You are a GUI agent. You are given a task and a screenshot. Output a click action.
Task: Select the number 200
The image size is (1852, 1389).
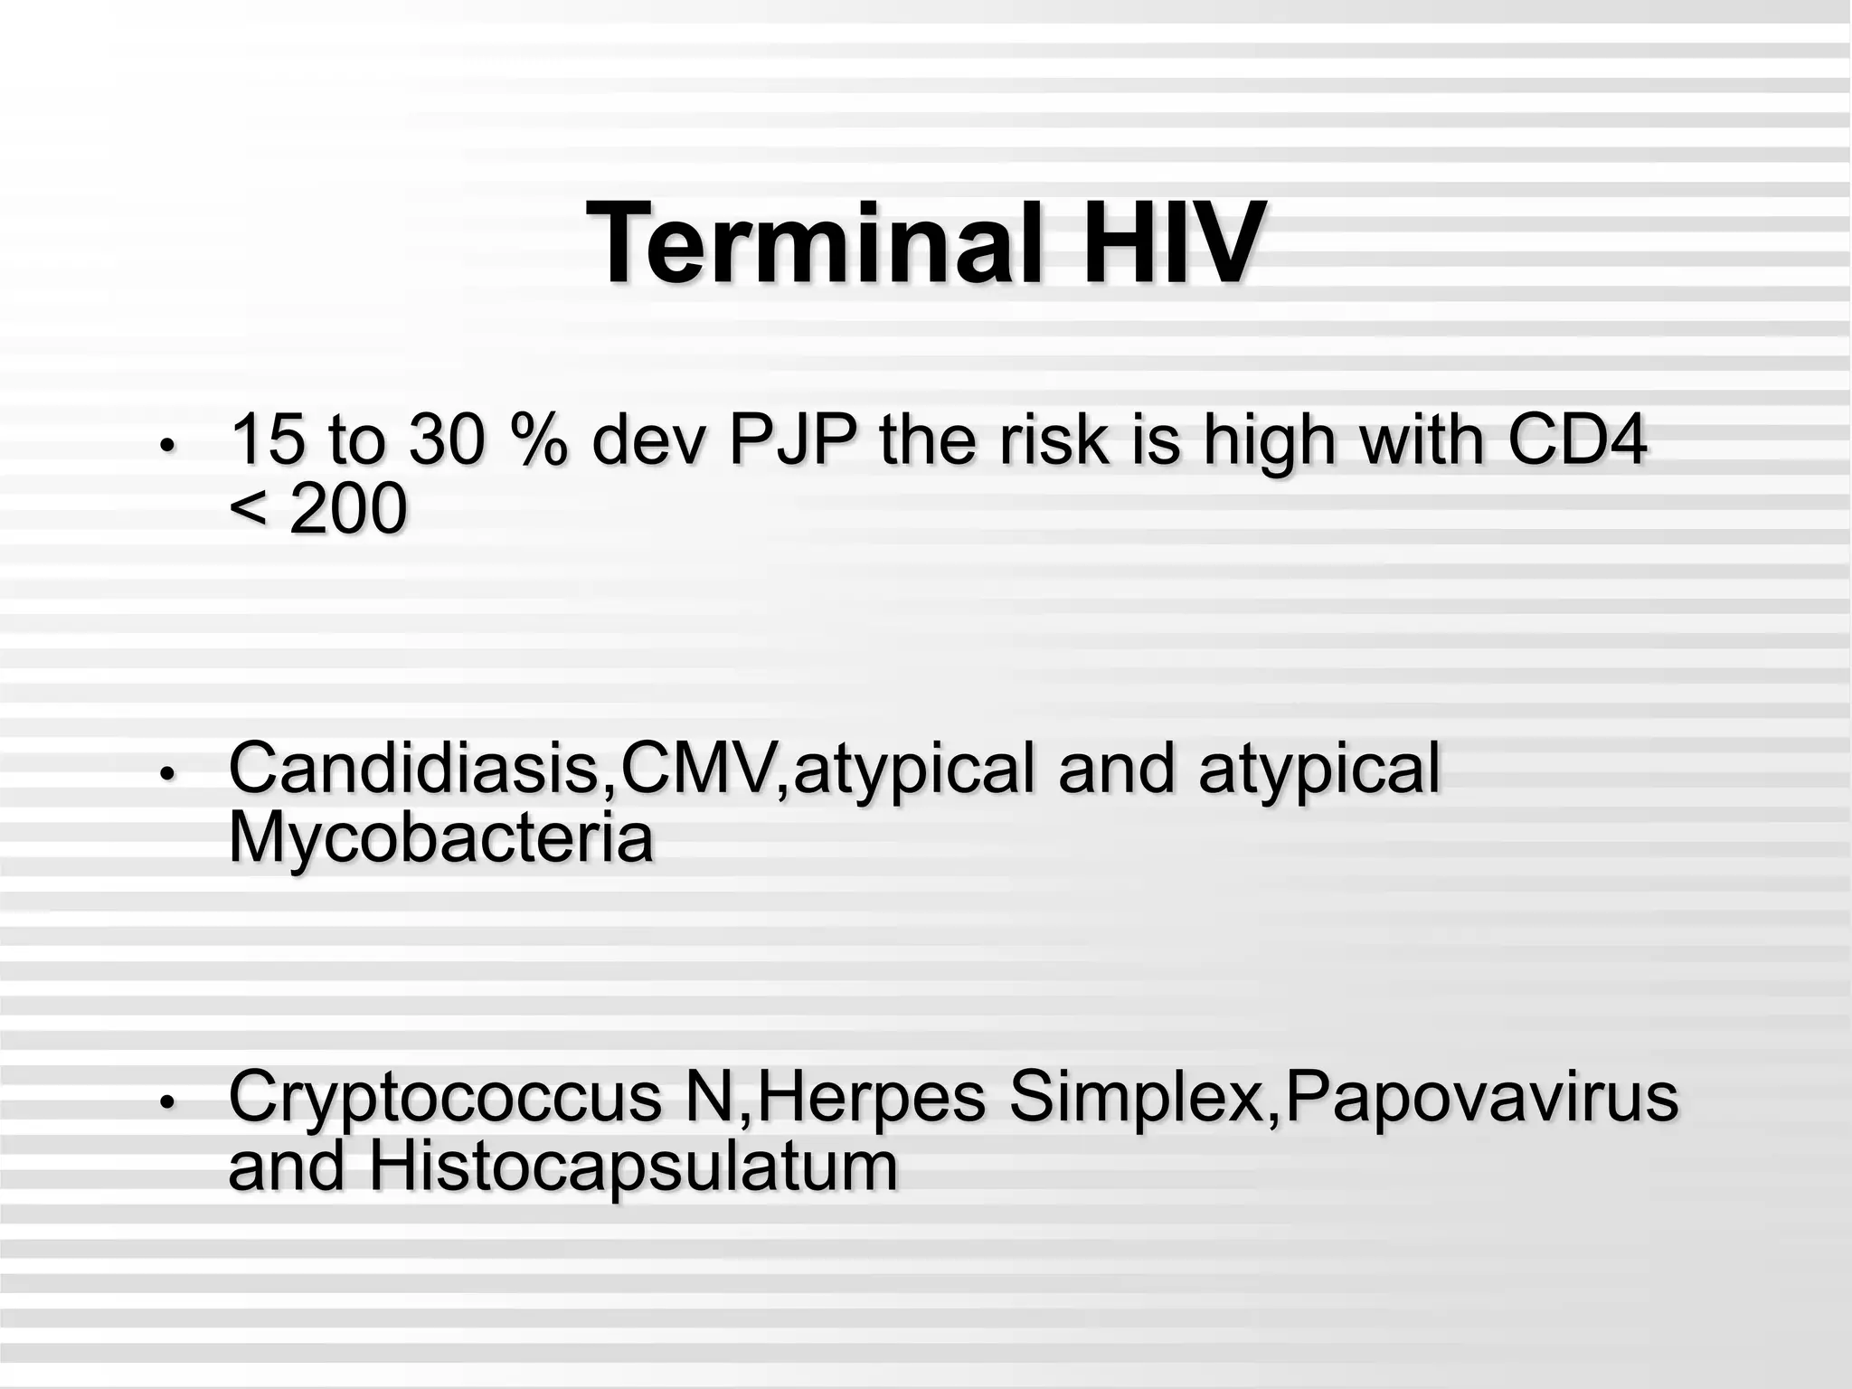pyautogui.click(x=347, y=509)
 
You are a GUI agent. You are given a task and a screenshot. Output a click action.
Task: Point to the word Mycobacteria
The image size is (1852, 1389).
pyautogui.click(x=440, y=837)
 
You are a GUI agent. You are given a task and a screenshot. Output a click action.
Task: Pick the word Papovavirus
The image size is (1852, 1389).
pyautogui.click(x=1481, y=1097)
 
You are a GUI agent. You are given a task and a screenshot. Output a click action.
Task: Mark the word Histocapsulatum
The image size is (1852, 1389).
pyautogui.click(x=633, y=1166)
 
